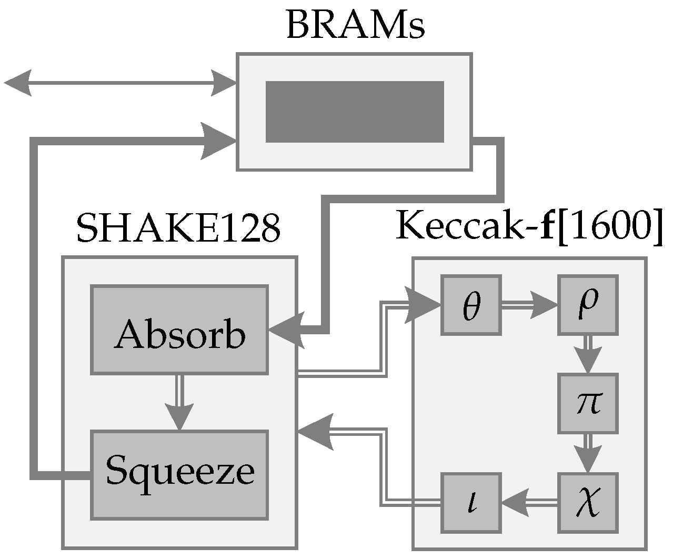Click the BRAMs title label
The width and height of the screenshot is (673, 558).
click(x=355, y=25)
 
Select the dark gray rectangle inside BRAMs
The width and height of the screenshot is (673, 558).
click(x=355, y=112)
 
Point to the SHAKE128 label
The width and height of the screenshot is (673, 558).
click(x=178, y=228)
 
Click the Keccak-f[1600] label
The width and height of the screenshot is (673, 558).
click(x=528, y=226)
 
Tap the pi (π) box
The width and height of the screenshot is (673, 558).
click(x=588, y=403)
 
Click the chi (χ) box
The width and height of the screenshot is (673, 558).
click(x=588, y=502)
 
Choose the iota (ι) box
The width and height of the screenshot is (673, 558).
click(x=470, y=502)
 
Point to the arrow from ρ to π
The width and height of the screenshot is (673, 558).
click(x=588, y=354)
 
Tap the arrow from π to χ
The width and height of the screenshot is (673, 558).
click(x=588, y=453)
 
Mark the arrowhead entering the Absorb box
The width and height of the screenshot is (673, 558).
click(x=287, y=330)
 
